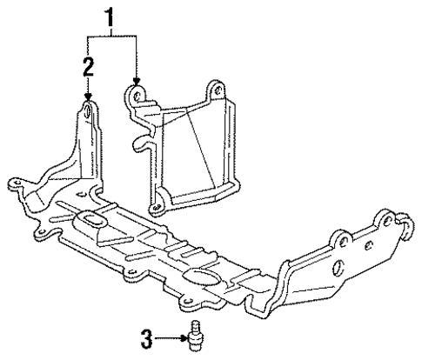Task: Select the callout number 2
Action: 87,65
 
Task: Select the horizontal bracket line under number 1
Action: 111,36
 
